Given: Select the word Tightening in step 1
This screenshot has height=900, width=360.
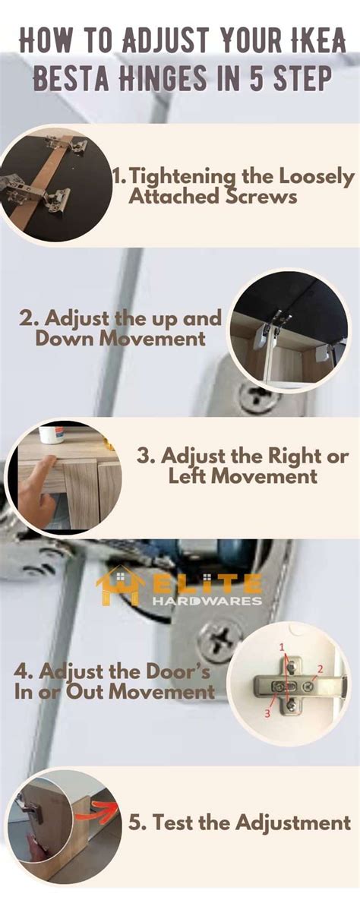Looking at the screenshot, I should click(x=172, y=178).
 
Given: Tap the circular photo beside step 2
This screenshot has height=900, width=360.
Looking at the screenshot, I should click(x=289, y=330).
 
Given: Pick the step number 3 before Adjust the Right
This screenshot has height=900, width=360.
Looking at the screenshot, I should click(x=146, y=456).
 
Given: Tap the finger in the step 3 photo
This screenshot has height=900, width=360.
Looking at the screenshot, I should click(x=34, y=475).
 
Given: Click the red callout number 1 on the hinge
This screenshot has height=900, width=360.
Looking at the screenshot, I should click(x=282, y=647).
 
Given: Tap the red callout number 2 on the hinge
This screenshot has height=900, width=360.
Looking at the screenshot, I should click(x=320, y=669).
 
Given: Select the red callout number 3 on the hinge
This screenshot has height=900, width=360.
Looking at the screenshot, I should click(x=267, y=712).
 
